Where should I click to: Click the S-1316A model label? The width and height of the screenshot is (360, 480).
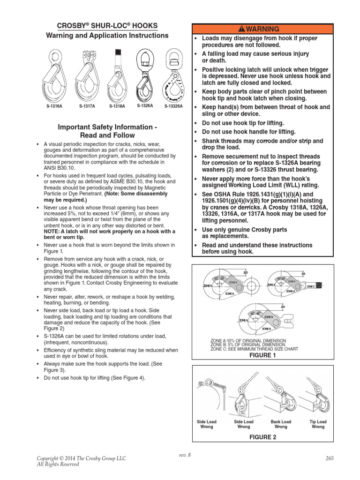[54, 106]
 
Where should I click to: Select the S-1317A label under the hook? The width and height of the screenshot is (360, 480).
[87, 106]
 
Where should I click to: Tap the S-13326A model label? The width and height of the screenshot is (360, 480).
[173, 106]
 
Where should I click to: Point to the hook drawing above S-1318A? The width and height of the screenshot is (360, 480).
[117, 75]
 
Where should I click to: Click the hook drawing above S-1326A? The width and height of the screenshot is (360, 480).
[145, 75]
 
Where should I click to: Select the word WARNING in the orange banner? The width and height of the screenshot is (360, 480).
[266, 29]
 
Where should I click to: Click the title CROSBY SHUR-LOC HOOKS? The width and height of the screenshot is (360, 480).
[107, 26]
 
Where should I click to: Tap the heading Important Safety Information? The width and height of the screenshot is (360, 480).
[107, 127]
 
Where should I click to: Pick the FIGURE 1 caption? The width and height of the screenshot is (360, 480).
[262, 355]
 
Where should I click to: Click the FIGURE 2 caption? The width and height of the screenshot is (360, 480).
[262, 437]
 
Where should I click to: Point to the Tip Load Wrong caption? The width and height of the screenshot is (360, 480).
[318, 424]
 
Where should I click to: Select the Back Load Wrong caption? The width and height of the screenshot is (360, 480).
[281, 424]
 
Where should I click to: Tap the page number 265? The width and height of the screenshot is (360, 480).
[329, 458]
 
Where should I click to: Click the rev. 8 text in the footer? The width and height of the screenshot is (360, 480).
[185, 455]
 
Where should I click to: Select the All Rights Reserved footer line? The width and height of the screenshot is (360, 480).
[58, 465]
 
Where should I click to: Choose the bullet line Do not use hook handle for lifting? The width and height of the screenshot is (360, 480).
[248, 132]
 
